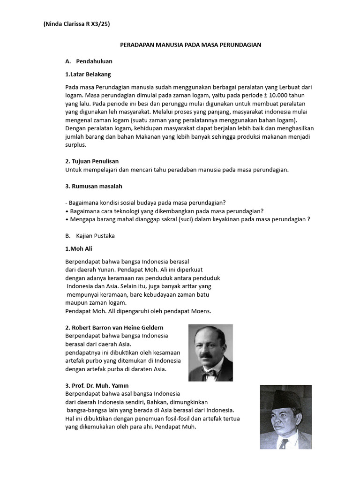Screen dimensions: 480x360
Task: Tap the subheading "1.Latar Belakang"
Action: pyautogui.click(x=88, y=74)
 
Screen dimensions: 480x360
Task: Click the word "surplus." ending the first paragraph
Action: pyautogui.click(x=76, y=145)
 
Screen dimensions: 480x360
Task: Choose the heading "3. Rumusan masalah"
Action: pyautogui.click(x=94, y=186)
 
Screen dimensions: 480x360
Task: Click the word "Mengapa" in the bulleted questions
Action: pyautogui.click(x=83, y=219)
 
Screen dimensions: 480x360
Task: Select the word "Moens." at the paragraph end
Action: pyautogui.click(x=202, y=311)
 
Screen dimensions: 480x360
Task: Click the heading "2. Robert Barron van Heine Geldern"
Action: pyautogui.click(x=114, y=327)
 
